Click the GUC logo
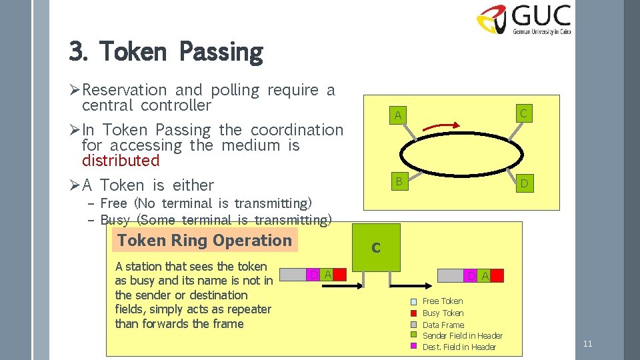point(523,19)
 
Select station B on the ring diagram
point(398,181)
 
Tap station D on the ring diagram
point(524,183)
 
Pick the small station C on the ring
point(523,114)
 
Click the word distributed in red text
point(121,161)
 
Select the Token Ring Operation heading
point(205,241)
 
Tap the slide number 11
point(587,344)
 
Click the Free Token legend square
point(414,301)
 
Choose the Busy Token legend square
point(414,313)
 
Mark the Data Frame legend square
point(414,325)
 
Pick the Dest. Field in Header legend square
point(414,347)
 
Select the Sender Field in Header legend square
point(414,335)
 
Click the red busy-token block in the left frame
point(341,275)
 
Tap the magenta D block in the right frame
point(471,275)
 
